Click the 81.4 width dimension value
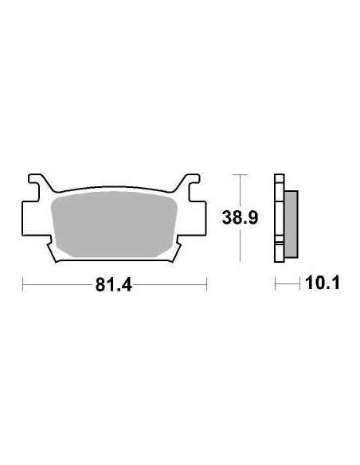coord(113,285)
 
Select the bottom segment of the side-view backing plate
coord(280,251)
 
